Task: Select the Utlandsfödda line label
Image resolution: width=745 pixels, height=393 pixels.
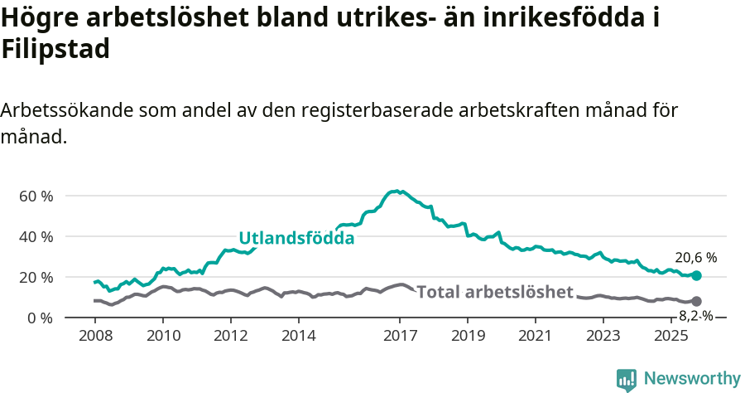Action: coord(296,239)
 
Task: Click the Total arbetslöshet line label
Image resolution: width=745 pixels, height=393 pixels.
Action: coord(495,292)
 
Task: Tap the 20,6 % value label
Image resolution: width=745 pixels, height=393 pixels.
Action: coord(695,258)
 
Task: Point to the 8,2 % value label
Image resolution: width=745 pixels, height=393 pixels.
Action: coord(696,316)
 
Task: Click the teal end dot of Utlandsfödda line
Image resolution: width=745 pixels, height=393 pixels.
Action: coord(696,275)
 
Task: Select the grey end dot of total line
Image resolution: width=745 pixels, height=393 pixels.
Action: coord(696,301)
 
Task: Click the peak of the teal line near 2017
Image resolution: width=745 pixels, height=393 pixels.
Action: coord(397,192)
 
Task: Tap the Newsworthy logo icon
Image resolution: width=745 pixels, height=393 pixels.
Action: coord(627,380)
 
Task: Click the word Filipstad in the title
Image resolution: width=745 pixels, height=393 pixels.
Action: coord(55,50)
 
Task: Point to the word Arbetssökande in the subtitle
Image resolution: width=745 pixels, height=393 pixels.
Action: coord(67,110)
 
